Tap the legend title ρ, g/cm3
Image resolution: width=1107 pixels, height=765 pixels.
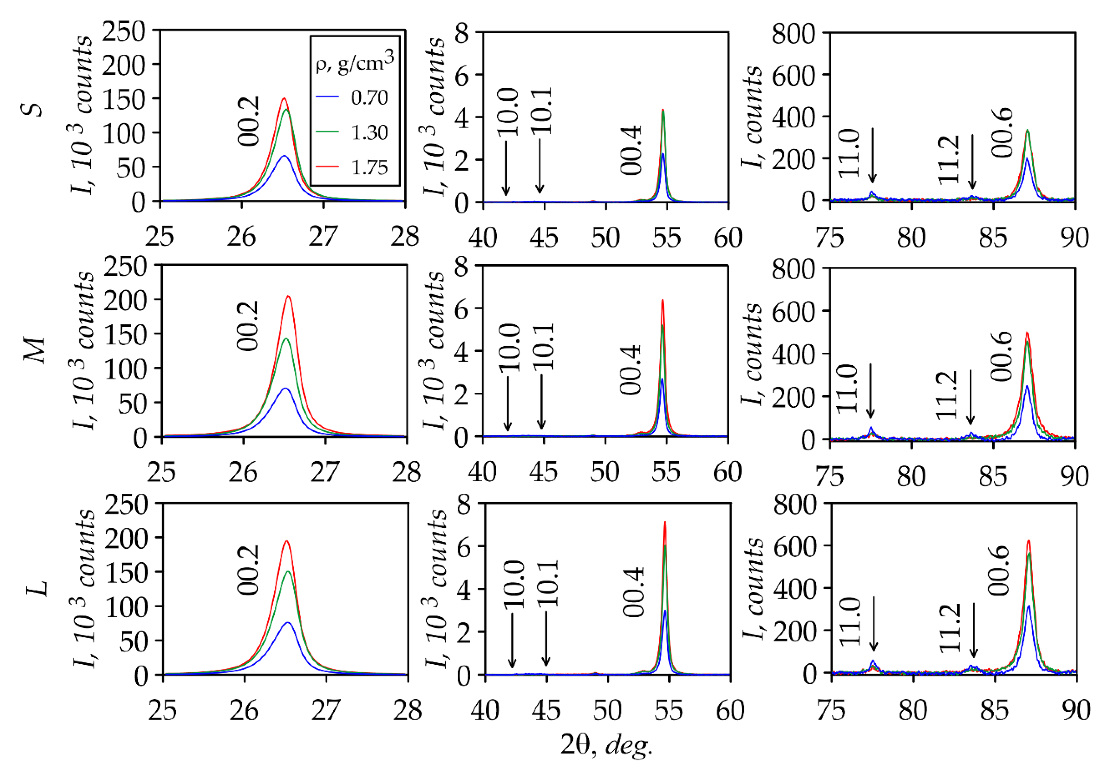(355, 62)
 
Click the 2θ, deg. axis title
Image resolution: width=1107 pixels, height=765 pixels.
(606, 745)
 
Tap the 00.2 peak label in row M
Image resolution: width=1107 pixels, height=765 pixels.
(249, 326)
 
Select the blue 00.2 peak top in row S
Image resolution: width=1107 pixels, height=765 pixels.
(284, 156)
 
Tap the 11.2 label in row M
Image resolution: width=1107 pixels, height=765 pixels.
(947, 395)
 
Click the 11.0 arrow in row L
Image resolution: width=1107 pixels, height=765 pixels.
(874, 623)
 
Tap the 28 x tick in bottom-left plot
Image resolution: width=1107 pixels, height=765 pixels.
(408, 710)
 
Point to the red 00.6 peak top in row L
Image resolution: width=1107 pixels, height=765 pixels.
(1028, 541)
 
